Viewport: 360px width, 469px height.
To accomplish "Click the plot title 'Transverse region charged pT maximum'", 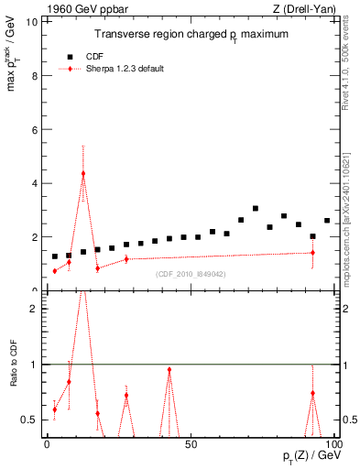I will [191, 34].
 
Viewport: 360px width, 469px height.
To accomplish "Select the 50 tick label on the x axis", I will [191, 444].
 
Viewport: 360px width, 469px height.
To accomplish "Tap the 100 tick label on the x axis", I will [333, 444].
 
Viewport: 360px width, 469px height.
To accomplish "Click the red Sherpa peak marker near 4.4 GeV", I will [83, 173].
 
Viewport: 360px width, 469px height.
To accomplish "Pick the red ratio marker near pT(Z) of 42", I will [169, 370].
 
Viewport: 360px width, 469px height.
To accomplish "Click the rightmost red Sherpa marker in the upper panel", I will [312, 253].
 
